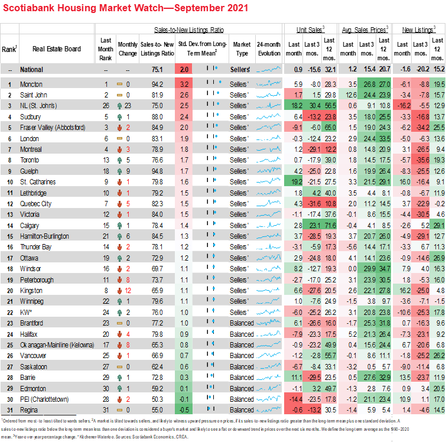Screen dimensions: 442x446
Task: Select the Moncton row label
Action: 31,84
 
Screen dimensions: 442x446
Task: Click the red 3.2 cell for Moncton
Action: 184,84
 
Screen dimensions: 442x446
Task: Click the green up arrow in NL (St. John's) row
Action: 120,106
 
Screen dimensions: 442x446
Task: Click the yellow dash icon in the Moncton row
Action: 120,84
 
